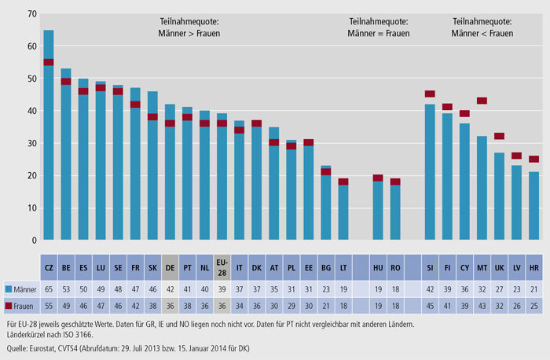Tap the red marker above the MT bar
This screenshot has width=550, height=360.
482,101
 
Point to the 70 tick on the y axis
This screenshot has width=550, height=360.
31,14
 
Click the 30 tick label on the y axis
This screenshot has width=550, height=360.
31,143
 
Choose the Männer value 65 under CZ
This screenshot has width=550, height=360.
49,289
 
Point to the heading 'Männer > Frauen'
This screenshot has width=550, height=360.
195,28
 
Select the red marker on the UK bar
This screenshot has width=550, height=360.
499,136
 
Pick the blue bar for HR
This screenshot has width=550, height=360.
533,205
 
